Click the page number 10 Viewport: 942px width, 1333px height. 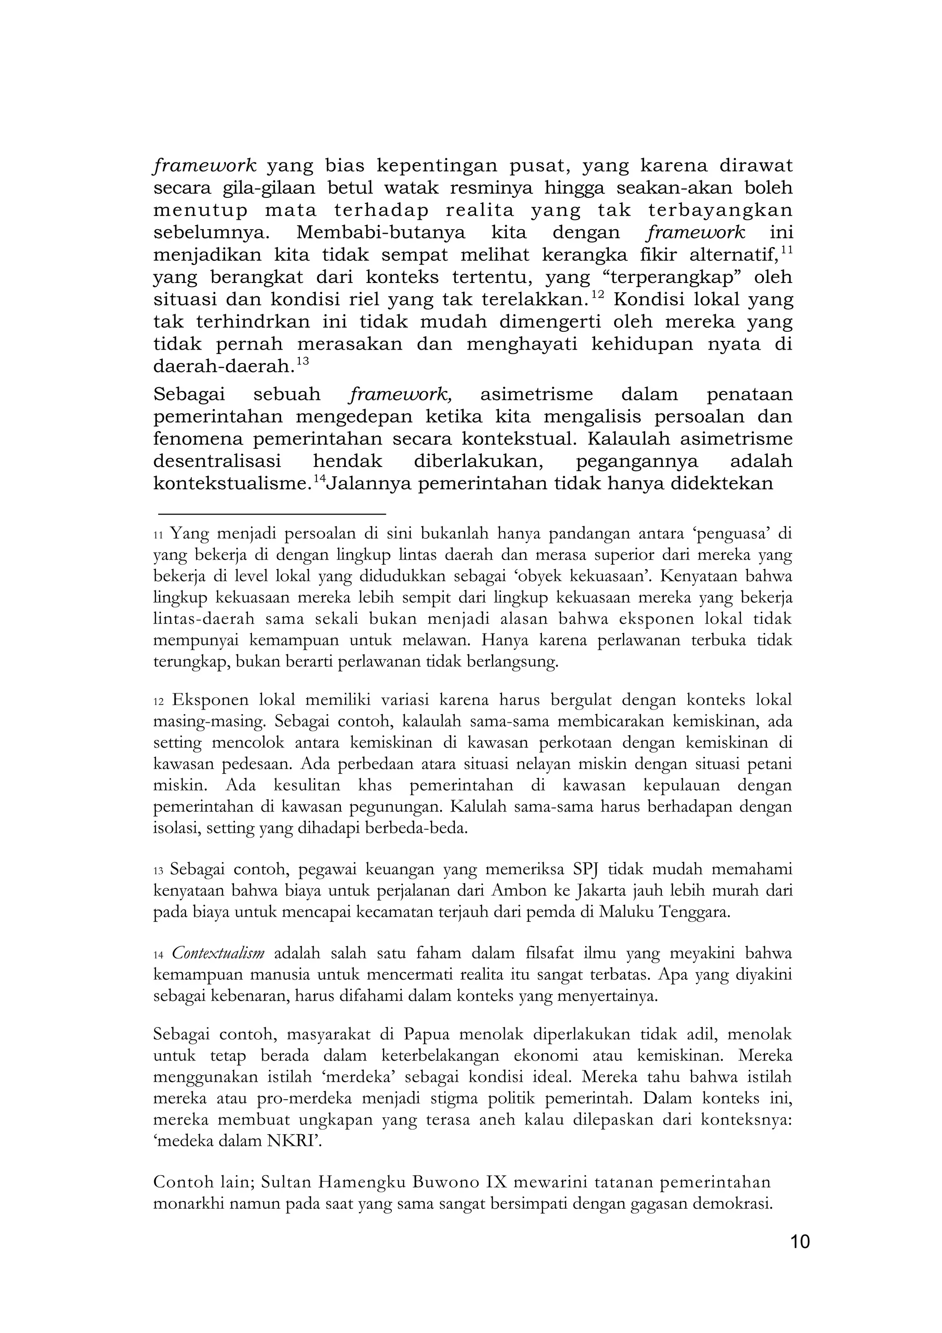pyautogui.click(x=800, y=1242)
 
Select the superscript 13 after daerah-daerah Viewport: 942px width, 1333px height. pyautogui.click(x=302, y=361)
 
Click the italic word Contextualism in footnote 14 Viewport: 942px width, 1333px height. pyautogui.click(x=218, y=953)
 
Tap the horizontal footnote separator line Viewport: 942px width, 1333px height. pyautogui.click(x=272, y=514)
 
